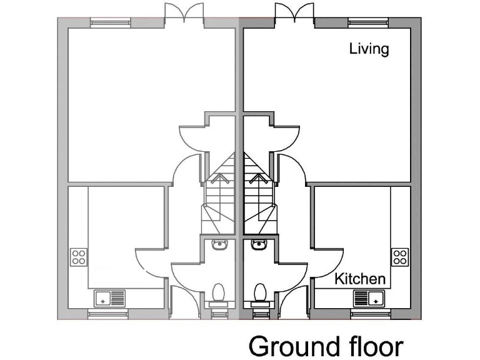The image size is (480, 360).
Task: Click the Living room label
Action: click(x=369, y=49)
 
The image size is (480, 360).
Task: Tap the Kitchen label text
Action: click(x=359, y=278)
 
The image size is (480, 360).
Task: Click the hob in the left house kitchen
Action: click(x=79, y=257)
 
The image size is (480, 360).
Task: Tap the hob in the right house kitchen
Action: click(x=399, y=257)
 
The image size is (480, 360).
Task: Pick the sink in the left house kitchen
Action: click(x=109, y=297)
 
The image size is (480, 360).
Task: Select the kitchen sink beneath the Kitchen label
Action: click(x=369, y=297)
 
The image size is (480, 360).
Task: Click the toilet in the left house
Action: click(x=219, y=292)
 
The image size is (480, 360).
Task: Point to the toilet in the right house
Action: click(x=259, y=292)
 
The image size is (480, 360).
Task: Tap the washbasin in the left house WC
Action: click(x=219, y=244)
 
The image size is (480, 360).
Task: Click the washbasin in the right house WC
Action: click(x=259, y=244)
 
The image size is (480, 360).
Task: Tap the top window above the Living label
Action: click(x=368, y=23)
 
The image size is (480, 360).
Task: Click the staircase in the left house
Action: click(x=219, y=194)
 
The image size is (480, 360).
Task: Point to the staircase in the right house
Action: click(x=258, y=194)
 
